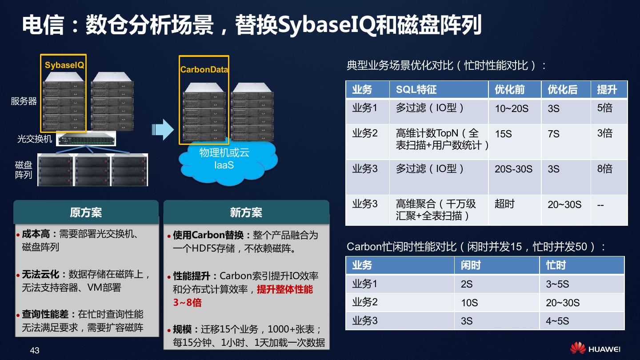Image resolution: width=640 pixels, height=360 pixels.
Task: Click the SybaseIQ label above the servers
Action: coord(64,65)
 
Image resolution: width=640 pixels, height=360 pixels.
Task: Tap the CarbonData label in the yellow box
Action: coord(204,70)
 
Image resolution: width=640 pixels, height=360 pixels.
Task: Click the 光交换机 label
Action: coord(35,139)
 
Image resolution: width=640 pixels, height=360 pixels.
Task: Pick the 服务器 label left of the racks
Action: coord(24,101)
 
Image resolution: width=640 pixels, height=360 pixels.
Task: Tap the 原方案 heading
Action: coord(86,212)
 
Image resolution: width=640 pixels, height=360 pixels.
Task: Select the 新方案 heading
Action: coord(246,212)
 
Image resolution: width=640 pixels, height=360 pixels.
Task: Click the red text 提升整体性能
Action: coord(285,289)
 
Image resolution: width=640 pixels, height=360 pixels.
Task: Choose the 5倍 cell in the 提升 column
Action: coord(604,108)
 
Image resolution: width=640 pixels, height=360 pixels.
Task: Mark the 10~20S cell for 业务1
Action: coord(512,108)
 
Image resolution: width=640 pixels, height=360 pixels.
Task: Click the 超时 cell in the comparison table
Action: coord(504,204)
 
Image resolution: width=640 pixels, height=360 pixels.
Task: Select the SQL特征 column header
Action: coord(416,90)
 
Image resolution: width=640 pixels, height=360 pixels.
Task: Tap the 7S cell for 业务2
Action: coord(553,134)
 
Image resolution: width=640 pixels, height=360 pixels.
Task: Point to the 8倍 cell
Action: coord(604,169)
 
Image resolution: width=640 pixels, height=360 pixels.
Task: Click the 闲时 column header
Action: coord(471,265)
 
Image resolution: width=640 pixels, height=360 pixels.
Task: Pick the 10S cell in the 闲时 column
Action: coord(469,303)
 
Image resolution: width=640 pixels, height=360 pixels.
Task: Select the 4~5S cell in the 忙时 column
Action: coord(557,321)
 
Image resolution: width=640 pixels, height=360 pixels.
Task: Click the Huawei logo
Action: coord(595,349)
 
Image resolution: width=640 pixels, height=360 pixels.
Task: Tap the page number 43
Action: coord(35,351)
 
